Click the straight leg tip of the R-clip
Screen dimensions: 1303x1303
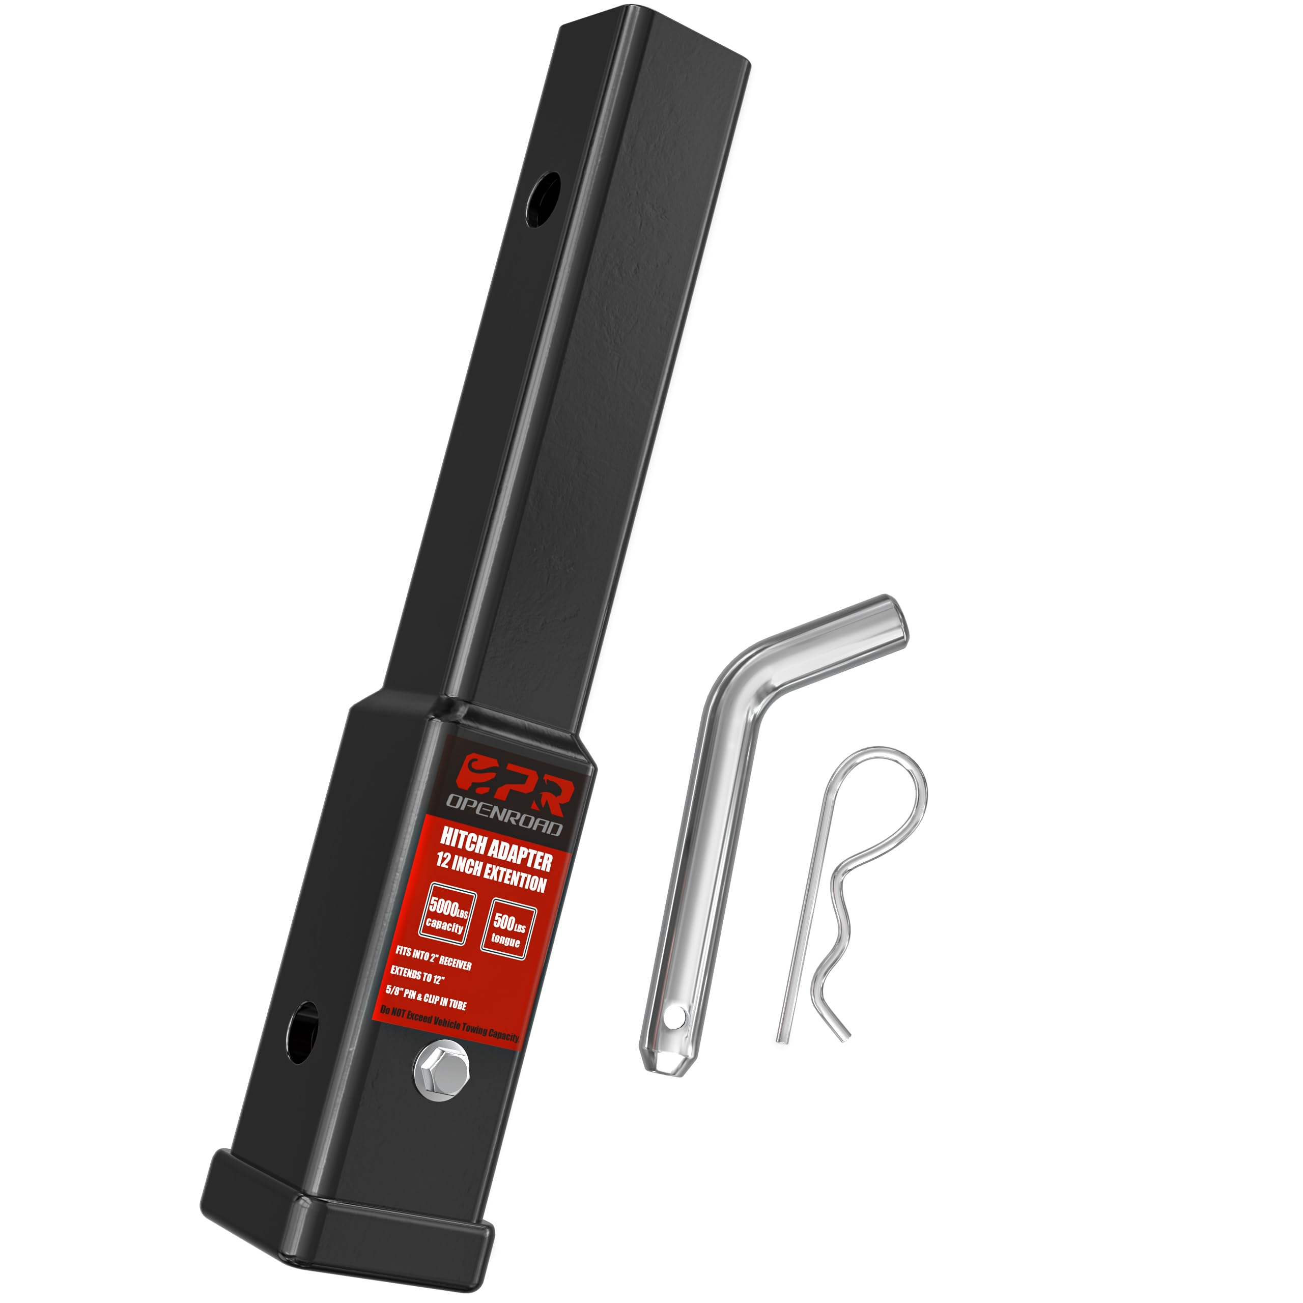[782, 1039]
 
